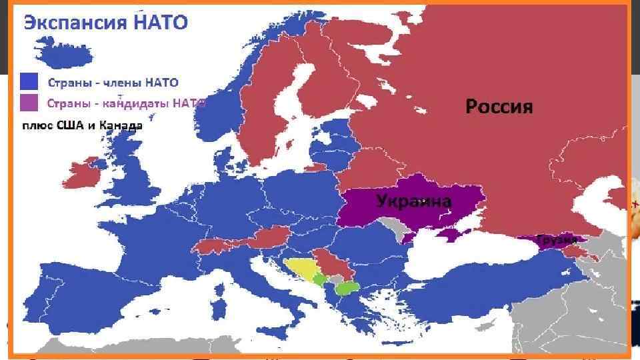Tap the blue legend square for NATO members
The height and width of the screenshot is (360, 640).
pos(29,83)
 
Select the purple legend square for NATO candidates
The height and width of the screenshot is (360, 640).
pos(29,103)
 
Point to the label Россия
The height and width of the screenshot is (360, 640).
pos(499,106)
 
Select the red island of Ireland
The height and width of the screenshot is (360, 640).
pos(83,175)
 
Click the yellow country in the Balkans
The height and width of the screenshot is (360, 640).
pos(299,269)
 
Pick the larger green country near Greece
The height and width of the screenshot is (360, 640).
pos(347,288)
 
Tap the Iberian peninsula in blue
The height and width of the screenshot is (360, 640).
pos(73,293)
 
